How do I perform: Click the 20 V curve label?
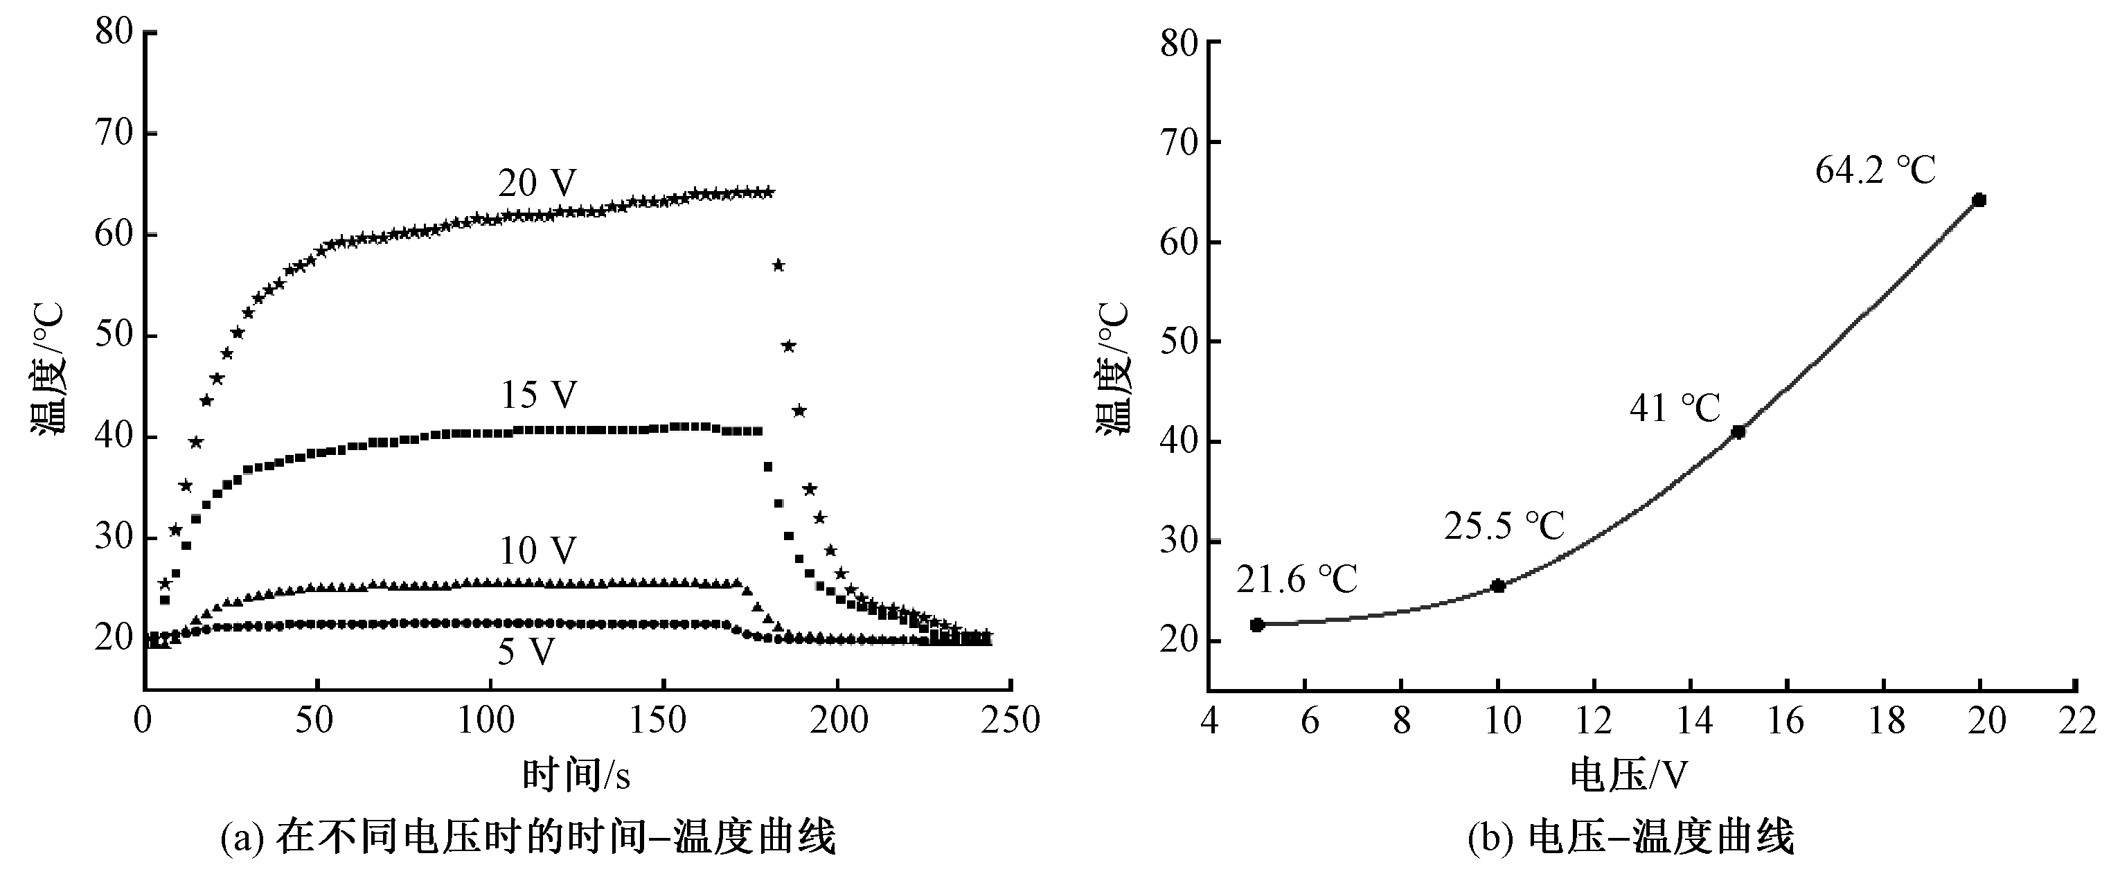[x=537, y=184]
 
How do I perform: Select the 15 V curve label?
[x=538, y=395]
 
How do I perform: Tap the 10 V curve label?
[x=537, y=551]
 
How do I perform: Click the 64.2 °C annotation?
[x=1875, y=171]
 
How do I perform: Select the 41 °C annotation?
[x=1674, y=408]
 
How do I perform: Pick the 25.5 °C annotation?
[x=1504, y=526]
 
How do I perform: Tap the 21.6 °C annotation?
[x=1297, y=580]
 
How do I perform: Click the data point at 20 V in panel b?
[x=1979, y=200]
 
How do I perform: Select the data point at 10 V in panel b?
[x=1498, y=586]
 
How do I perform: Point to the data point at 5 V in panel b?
[x=1257, y=625]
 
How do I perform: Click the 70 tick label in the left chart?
[x=114, y=133]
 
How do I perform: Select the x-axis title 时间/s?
[x=576, y=775]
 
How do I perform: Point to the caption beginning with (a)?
[x=528, y=839]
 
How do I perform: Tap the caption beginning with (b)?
[x=1631, y=839]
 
